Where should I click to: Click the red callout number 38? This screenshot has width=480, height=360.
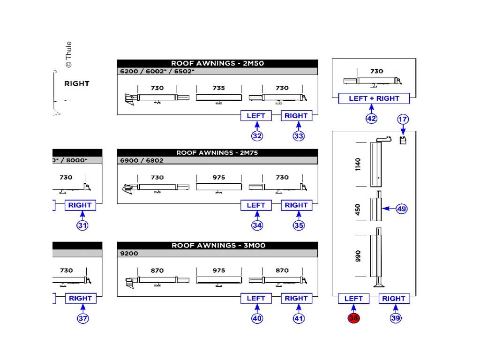click(353, 318)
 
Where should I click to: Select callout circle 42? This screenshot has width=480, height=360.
click(371, 119)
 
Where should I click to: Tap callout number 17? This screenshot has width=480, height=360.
click(403, 119)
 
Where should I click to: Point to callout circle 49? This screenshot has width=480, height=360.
click(402, 209)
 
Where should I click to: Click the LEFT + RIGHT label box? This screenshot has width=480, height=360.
click(374, 98)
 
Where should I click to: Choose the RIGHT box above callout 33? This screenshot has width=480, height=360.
click(296, 116)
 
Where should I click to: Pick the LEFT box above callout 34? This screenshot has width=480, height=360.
click(256, 205)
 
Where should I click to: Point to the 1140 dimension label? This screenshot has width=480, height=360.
click(359, 164)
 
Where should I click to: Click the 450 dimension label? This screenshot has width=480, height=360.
click(359, 209)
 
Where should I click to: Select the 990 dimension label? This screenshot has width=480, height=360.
click(359, 255)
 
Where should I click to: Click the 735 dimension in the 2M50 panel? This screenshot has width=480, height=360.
click(218, 88)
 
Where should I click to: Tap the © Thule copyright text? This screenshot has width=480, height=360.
click(68, 54)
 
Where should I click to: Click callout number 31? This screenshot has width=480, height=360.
click(82, 225)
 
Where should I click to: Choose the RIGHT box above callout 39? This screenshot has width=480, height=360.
click(394, 299)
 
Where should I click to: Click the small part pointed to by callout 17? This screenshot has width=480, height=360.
click(402, 140)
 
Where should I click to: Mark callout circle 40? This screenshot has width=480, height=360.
click(257, 318)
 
